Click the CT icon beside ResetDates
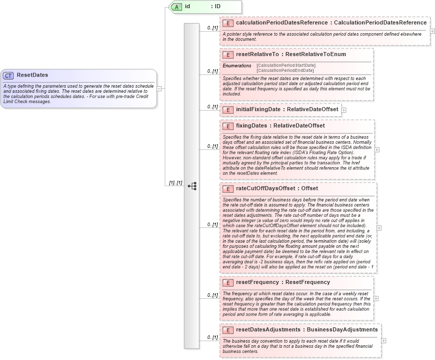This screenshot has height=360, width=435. (9, 75)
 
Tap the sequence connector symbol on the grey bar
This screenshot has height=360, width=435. (192, 186)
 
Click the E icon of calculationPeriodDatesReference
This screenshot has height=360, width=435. (228, 23)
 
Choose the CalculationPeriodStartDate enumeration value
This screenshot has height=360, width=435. (286, 65)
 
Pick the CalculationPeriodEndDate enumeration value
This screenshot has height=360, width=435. (285, 70)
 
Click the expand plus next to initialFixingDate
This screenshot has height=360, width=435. (344, 110)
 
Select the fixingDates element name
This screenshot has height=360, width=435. (252, 125)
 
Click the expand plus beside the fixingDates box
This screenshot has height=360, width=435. (377, 149)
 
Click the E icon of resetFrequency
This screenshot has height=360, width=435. (228, 282)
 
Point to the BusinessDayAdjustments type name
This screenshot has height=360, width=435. (342, 330)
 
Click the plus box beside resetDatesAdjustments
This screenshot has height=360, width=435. (383, 341)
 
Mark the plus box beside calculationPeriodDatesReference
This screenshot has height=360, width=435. (432, 31)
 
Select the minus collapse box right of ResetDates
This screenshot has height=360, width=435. (159, 88)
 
